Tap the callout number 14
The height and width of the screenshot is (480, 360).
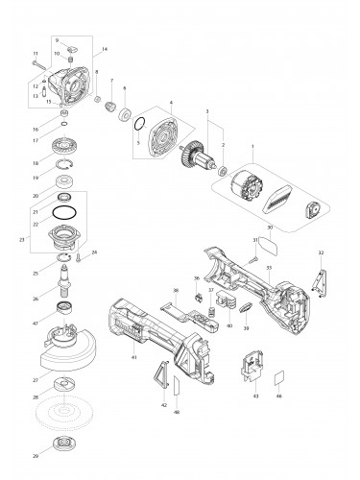pos(104,48)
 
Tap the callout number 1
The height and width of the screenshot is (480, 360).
pos(252,146)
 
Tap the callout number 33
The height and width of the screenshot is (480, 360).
pos(269,268)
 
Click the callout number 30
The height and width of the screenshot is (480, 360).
pos(269,228)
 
